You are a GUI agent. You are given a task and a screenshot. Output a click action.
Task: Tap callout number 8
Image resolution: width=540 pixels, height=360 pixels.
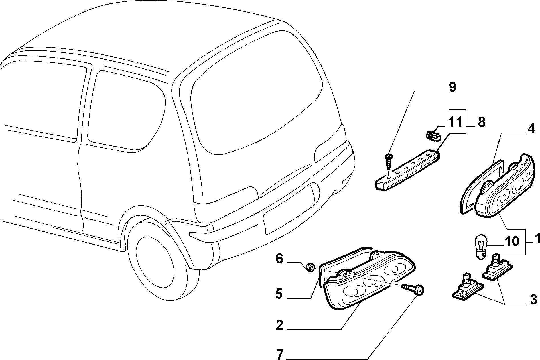tap(481, 122)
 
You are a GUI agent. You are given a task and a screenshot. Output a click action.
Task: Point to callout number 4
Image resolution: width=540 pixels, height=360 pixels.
tap(531, 129)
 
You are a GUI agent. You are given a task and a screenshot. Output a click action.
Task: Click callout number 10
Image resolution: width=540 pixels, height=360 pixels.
tap(512, 241)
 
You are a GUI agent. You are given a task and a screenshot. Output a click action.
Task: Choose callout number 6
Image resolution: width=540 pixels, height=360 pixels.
tap(279, 259)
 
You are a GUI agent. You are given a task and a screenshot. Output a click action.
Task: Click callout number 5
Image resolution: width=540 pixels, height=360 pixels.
tap(279, 294)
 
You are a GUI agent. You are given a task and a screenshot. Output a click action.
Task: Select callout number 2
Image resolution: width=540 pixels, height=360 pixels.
tap(279, 325)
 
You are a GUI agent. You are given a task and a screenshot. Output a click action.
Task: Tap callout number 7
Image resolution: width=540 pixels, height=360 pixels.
tap(280, 354)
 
